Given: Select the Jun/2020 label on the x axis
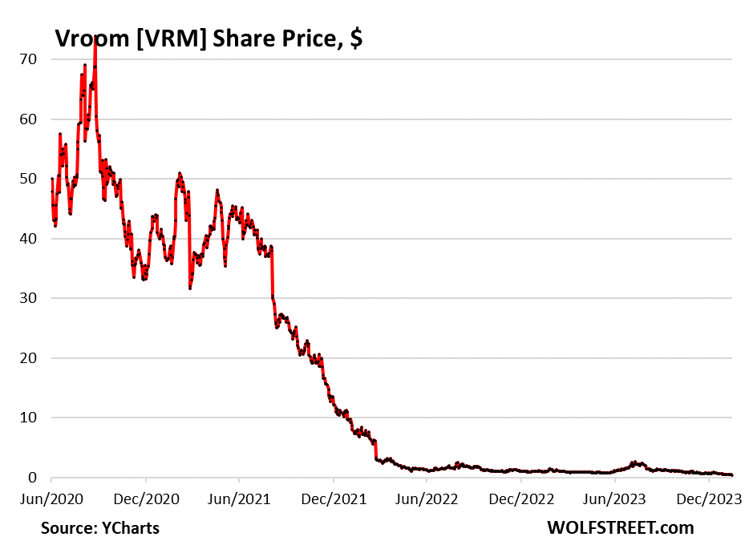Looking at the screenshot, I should pyautogui.click(x=51, y=498).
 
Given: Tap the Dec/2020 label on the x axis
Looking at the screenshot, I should pyautogui.click(x=145, y=498).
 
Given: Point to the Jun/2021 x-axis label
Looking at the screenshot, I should pyautogui.click(x=239, y=498).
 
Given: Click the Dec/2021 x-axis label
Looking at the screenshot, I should pyautogui.click(x=333, y=498).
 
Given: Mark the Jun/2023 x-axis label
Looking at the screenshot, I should pyautogui.click(x=613, y=498).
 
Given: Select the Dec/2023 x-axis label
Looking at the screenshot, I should pyautogui.click(x=707, y=498).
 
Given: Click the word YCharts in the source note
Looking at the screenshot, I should pyautogui.click(x=130, y=527).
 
